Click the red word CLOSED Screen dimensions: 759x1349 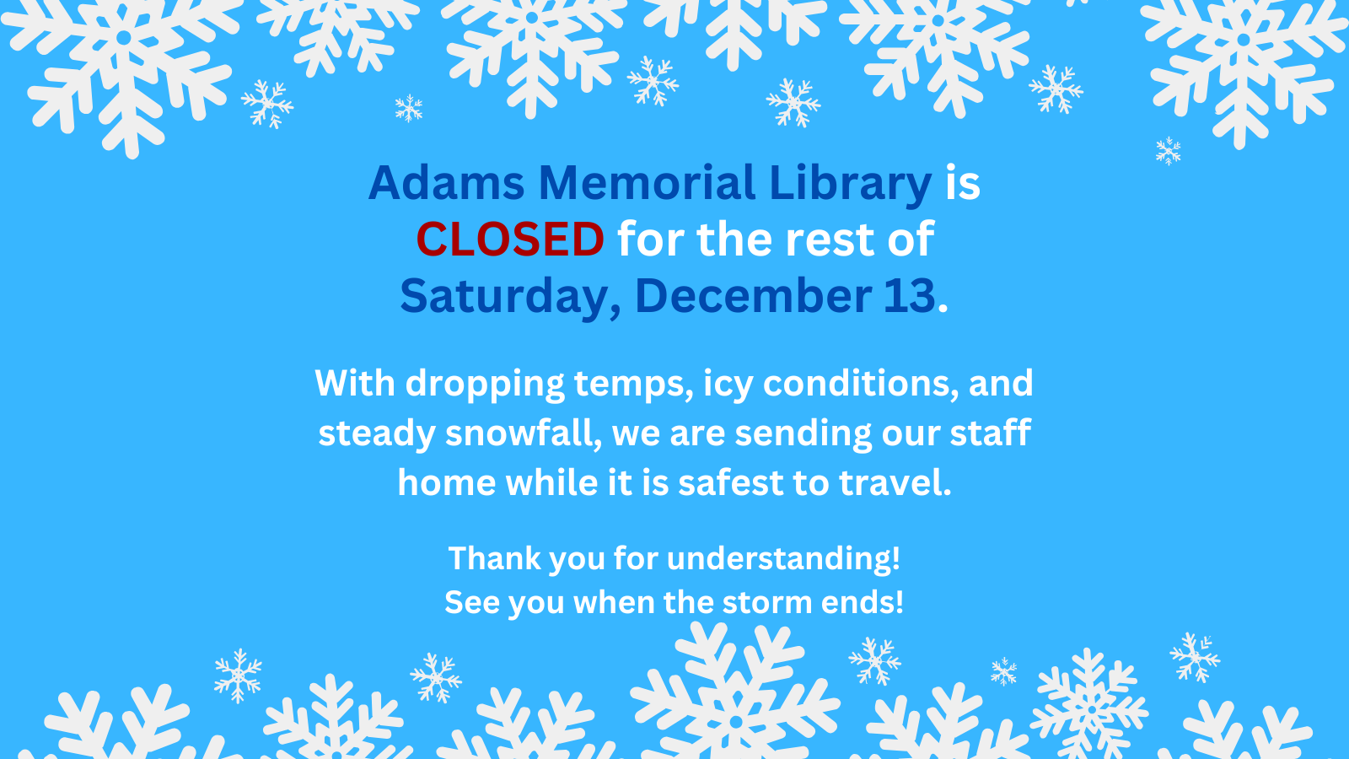coord(510,240)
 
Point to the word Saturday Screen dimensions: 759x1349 coord(510,296)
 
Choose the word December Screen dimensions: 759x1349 coord(753,296)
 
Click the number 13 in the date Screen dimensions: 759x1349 coord(910,296)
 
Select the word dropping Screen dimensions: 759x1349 coord(485,384)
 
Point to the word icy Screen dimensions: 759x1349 coord(728,384)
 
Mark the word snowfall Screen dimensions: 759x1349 coord(523,433)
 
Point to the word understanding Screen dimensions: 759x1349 coord(782,558)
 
